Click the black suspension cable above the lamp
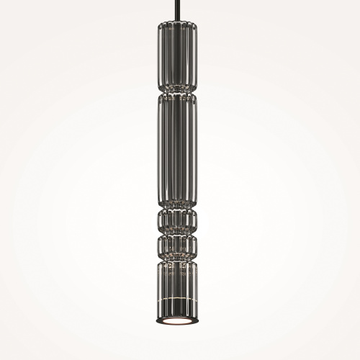[x=176, y=10]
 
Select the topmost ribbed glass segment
[x=176, y=54]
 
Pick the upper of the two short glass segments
[x=176, y=219]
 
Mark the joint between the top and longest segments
[x=176, y=92]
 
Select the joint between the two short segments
[x=176, y=232]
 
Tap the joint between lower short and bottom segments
[x=176, y=256]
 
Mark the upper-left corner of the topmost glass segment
[x=158, y=24]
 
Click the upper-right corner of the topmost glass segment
[x=193, y=24]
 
